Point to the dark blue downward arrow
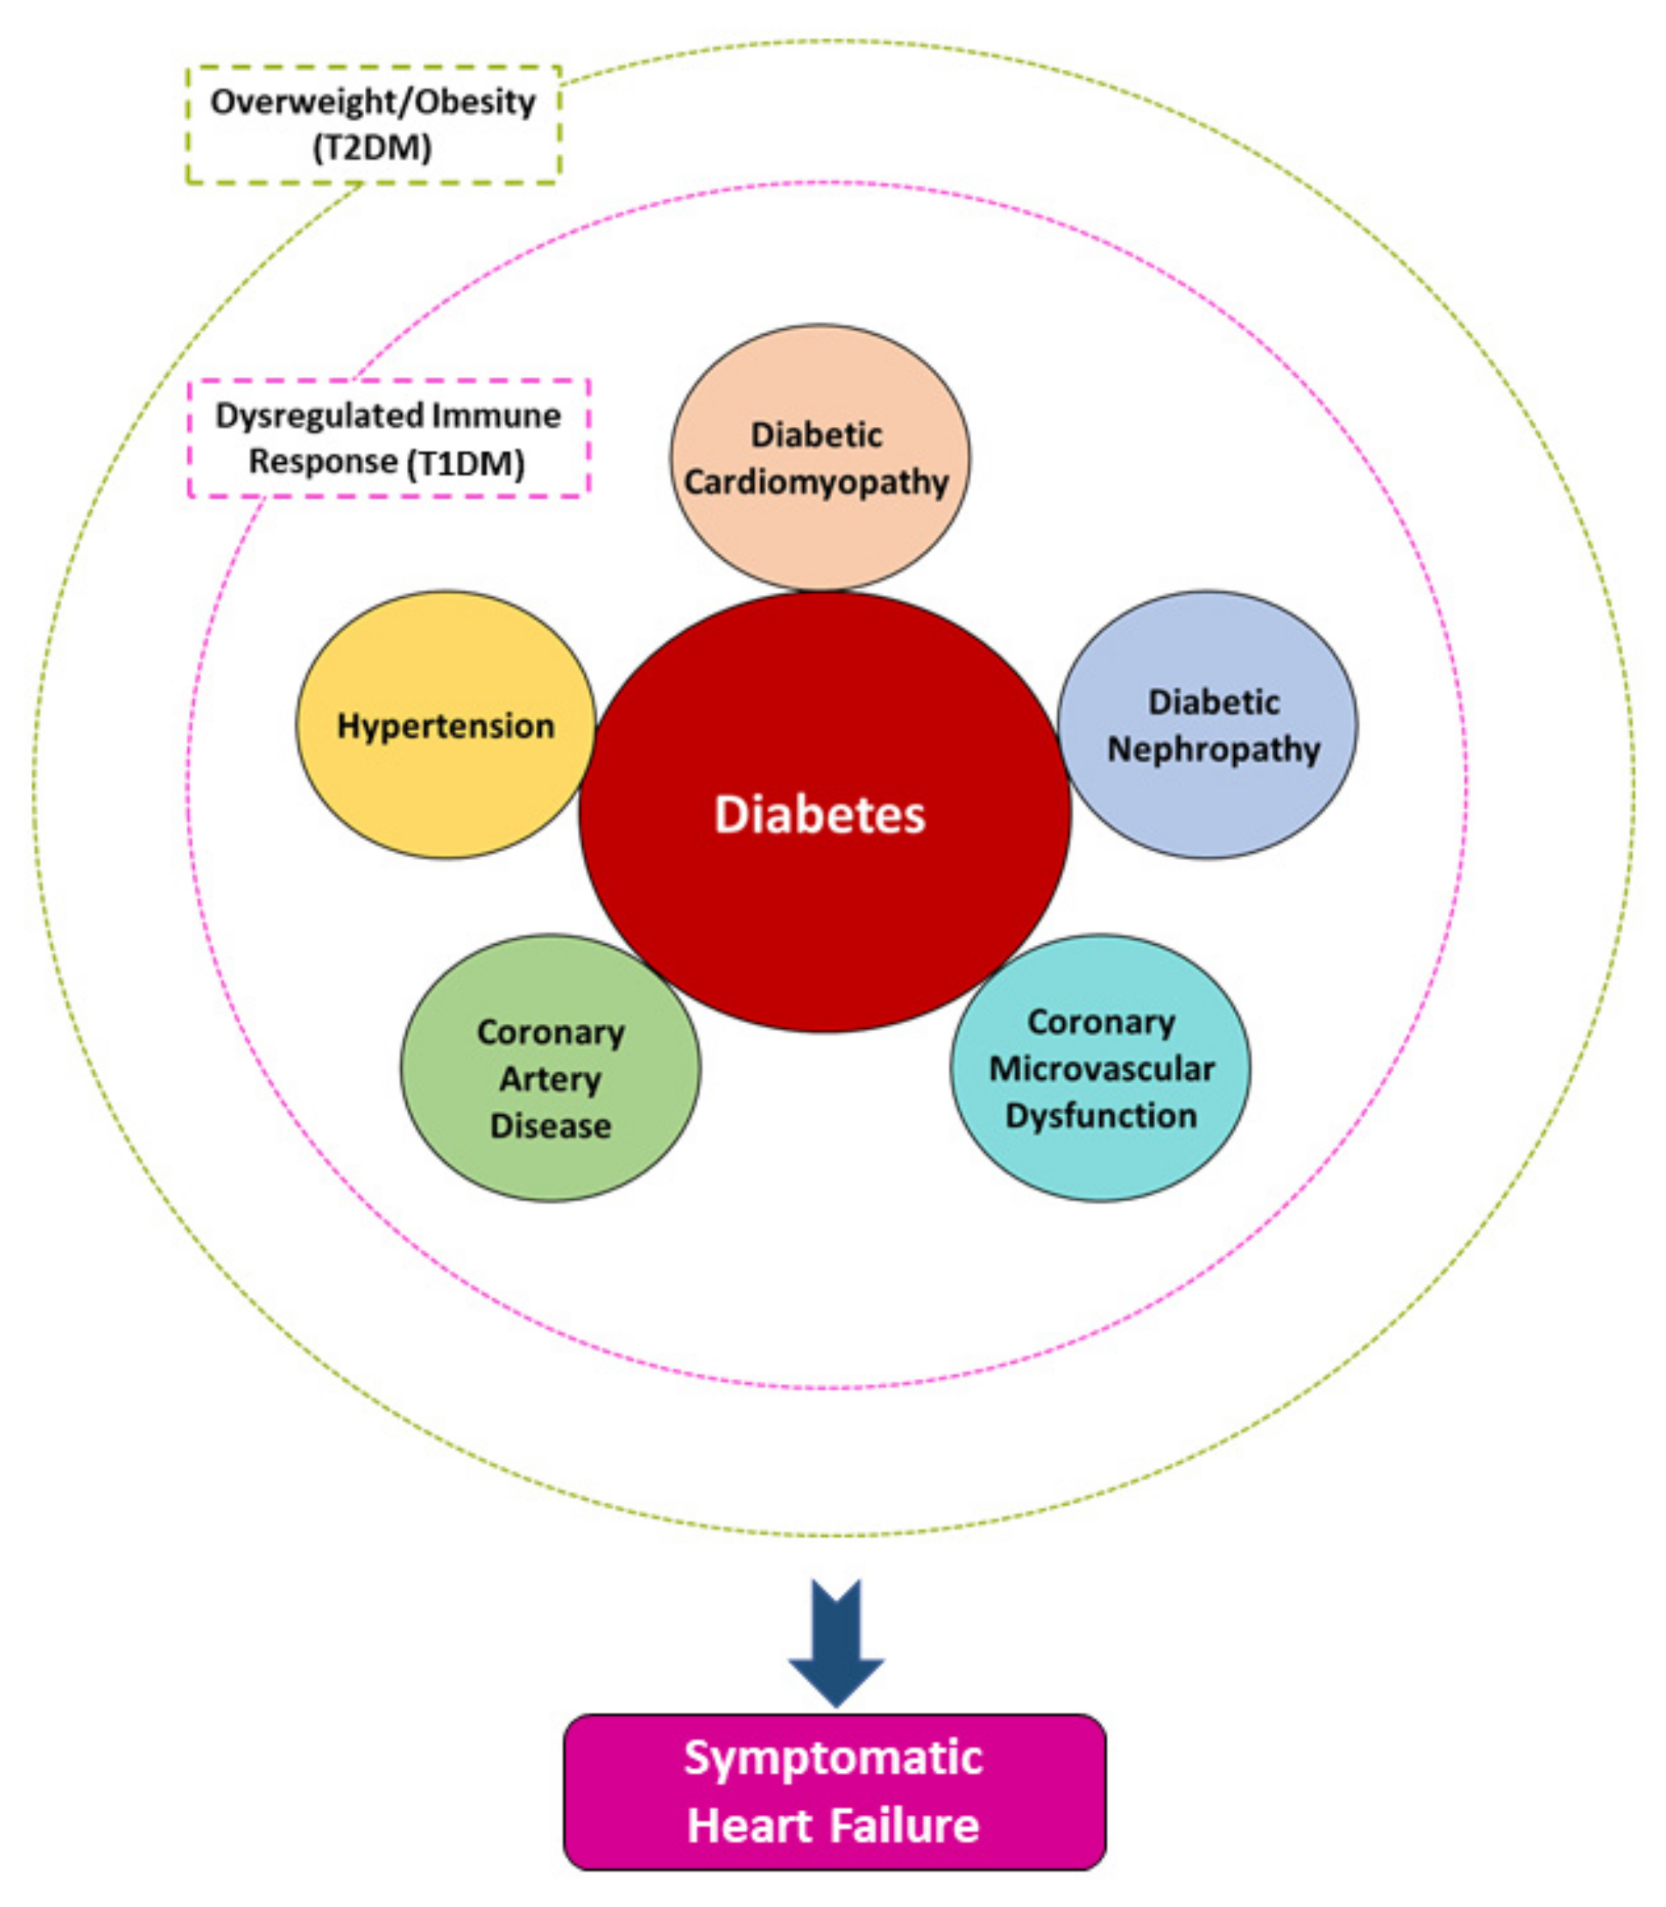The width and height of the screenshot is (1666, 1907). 836,1644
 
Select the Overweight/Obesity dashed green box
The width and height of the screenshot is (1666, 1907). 373,125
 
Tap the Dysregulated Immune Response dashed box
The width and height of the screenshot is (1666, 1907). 389,438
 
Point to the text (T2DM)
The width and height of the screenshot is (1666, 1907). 373,148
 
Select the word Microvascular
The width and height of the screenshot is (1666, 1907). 1101,1069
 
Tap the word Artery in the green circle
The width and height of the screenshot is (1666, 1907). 550,1079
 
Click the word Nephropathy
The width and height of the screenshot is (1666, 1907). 1213,748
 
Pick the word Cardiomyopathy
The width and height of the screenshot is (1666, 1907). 817,482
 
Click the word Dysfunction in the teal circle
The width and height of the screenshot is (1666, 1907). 1101,1115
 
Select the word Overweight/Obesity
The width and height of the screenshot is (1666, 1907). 373,101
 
